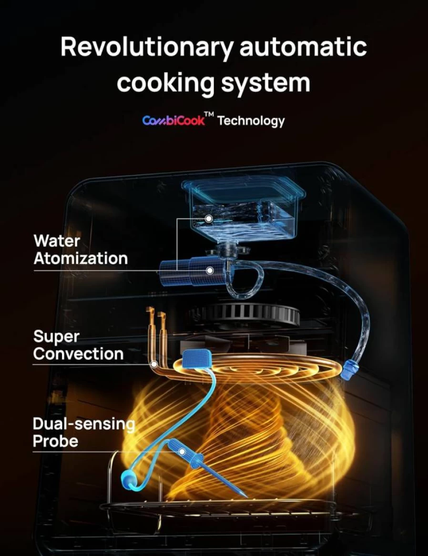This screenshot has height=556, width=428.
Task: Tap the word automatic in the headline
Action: point(303,47)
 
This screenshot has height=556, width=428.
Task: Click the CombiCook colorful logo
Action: point(174,120)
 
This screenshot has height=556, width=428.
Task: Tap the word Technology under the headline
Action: point(251,121)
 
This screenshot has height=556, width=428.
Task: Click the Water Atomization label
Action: point(81,250)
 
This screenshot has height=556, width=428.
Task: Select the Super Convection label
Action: point(78,345)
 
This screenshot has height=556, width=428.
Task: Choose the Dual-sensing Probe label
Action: point(84,432)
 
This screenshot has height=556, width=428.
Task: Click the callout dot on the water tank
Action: point(209,218)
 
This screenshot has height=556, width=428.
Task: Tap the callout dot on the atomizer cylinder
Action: point(210,270)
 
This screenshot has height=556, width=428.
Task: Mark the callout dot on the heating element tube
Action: point(154,364)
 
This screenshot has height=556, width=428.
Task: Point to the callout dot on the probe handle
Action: point(182,452)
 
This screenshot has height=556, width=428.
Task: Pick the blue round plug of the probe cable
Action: point(129,480)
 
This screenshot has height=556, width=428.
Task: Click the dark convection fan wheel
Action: point(245,314)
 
